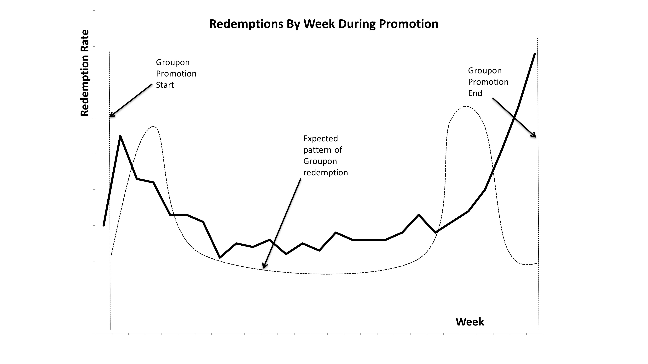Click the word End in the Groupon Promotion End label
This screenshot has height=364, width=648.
tap(475, 93)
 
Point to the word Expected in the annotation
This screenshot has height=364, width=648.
tap(320, 139)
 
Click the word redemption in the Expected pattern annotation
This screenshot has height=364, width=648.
tap(325, 173)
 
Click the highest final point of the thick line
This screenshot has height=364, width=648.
tap(535, 54)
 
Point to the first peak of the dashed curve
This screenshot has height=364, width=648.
tap(154, 126)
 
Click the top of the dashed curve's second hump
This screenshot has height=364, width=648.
tap(466, 106)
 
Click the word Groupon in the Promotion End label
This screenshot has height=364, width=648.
tap(485, 71)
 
